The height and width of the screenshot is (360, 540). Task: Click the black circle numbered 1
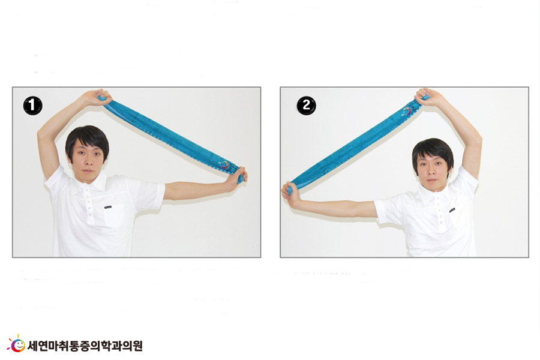33,106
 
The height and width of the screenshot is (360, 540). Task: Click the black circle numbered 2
306,105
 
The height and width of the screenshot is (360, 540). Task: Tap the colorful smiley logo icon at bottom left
16,344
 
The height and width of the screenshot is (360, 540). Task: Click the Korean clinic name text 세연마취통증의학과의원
85,346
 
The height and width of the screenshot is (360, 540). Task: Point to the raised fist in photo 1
100,97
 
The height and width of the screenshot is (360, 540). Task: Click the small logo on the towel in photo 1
225,165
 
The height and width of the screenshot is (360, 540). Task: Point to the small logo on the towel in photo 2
408,111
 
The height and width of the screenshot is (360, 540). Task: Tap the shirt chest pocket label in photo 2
452,210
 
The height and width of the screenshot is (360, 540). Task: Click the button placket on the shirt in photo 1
89,205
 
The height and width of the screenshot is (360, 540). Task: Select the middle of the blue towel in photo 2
355,145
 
